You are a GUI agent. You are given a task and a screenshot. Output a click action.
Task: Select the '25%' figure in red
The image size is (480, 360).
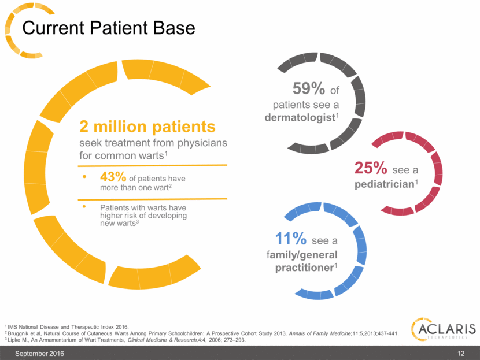click(371, 168)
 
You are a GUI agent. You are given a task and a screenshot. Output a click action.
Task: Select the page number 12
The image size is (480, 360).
click(470, 352)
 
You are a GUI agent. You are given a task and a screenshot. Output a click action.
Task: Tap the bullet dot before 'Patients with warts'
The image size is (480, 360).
click(86, 206)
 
